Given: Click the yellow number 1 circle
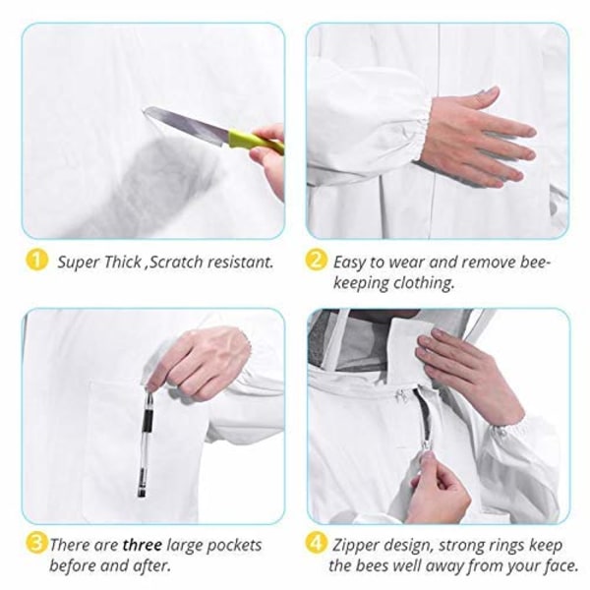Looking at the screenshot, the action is pyautogui.click(x=36, y=261).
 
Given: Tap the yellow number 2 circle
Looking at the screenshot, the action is pyautogui.click(x=316, y=261).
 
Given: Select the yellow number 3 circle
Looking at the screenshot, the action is pyautogui.click(x=36, y=544).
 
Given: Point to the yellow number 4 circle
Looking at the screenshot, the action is pyautogui.click(x=316, y=544).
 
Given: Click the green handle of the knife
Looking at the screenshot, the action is pyautogui.click(x=255, y=141).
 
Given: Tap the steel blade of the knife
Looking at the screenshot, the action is pyautogui.click(x=186, y=124).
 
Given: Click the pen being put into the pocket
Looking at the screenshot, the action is pyautogui.click(x=146, y=444).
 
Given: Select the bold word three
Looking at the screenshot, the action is pyautogui.click(x=143, y=545).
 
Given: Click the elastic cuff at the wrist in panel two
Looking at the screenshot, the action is pyautogui.click(x=422, y=130).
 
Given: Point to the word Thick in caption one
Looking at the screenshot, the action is pyautogui.click(x=122, y=262).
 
